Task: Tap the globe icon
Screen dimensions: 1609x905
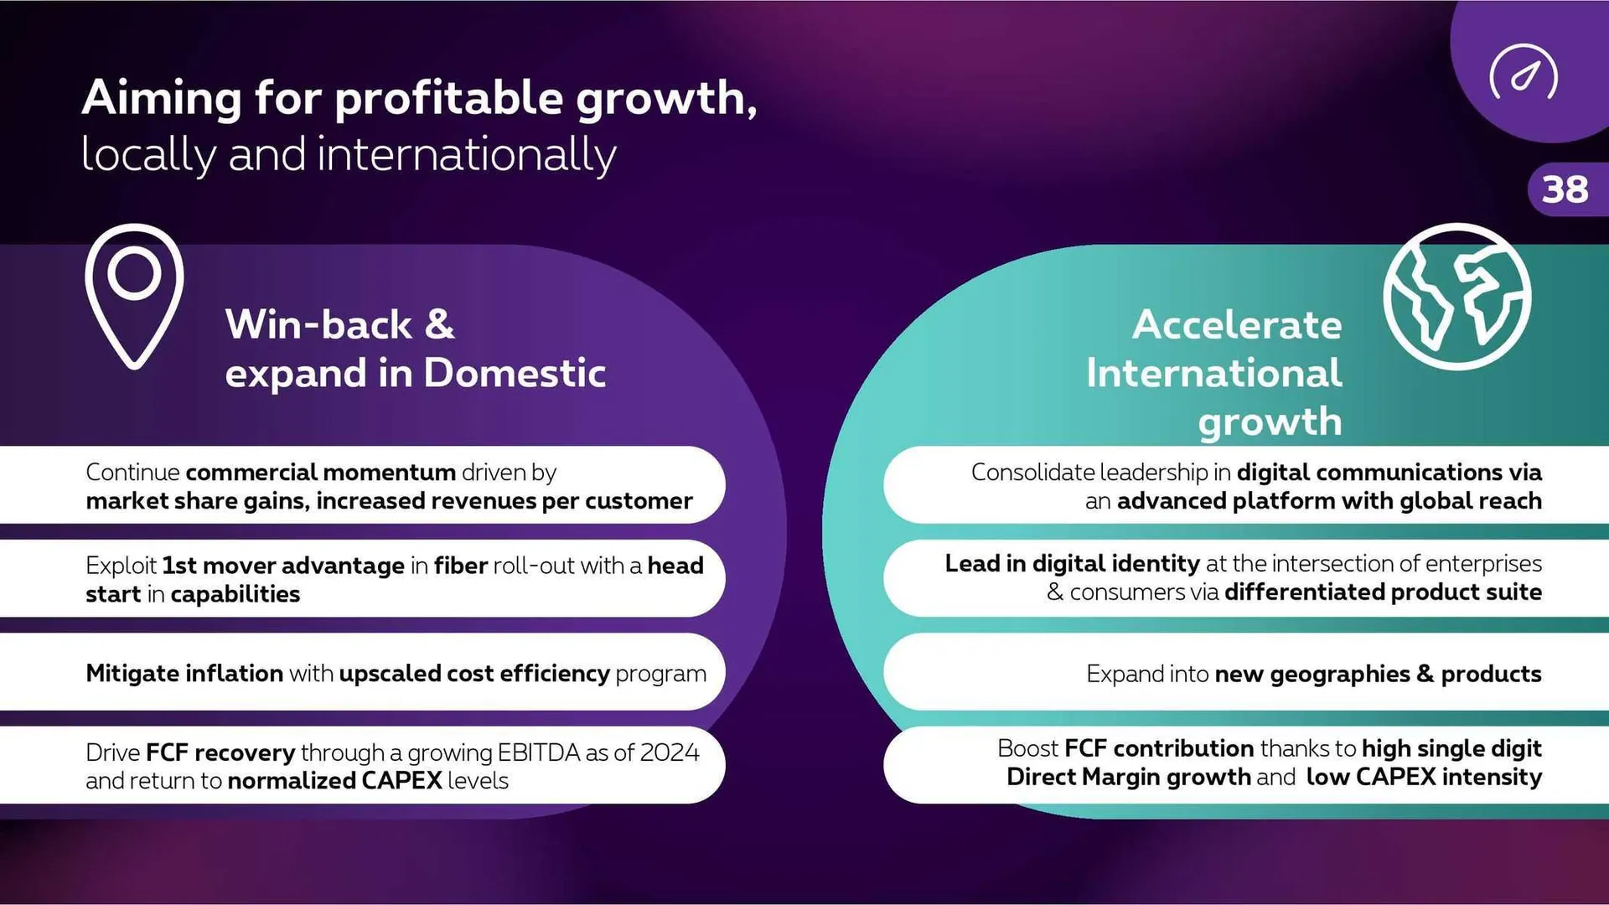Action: coord(1457,296)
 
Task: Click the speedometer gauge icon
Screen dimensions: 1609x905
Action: coord(1524,72)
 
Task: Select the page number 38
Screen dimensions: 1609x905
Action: coord(1565,189)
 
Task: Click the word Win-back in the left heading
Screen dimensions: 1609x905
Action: coord(318,324)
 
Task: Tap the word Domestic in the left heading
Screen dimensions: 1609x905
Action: coord(515,373)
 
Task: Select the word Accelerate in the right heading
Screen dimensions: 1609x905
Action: coord(1237,324)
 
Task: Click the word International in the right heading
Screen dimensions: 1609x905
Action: coord(1214,373)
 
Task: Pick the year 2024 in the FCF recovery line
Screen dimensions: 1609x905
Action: coord(669,752)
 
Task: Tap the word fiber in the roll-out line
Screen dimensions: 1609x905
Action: coord(461,566)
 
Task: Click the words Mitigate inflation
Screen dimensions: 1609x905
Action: coord(184,674)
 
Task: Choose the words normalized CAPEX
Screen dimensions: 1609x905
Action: coord(334,781)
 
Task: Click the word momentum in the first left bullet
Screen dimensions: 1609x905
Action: coord(389,473)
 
